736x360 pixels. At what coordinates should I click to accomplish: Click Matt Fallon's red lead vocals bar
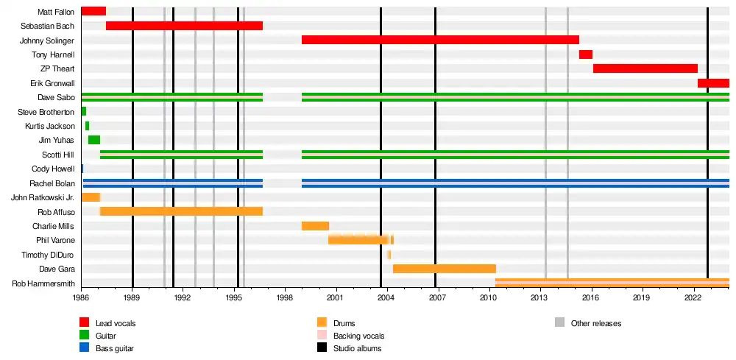pyautogui.click(x=93, y=11)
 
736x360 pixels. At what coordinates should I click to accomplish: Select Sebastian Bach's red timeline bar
pyautogui.click(x=184, y=26)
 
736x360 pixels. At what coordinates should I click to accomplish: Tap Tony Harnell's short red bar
pyautogui.click(x=586, y=54)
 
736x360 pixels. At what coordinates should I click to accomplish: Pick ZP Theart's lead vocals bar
pyautogui.click(x=645, y=68)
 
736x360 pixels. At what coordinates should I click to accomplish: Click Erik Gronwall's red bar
pyautogui.click(x=713, y=83)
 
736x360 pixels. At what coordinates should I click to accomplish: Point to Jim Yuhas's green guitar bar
pyautogui.click(x=94, y=140)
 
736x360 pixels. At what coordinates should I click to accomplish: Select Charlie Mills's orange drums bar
pyautogui.click(x=315, y=226)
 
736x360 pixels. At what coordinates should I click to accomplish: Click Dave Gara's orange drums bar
pyautogui.click(x=445, y=269)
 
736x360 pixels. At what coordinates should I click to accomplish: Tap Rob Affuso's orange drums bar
pyautogui.click(x=181, y=211)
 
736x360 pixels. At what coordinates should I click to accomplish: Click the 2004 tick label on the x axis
pyautogui.click(x=386, y=299)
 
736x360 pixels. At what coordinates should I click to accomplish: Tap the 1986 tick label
pyautogui.click(x=81, y=299)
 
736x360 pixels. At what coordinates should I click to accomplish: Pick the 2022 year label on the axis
pyautogui.click(x=692, y=299)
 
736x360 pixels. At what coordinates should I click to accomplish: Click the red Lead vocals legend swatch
pyautogui.click(x=85, y=322)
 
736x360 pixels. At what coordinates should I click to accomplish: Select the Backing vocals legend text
pyautogui.click(x=358, y=336)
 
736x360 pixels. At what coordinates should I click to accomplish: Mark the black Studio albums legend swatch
pyautogui.click(x=322, y=348)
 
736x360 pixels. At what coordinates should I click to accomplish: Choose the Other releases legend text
pyautogui.click(x=595, y=323)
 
